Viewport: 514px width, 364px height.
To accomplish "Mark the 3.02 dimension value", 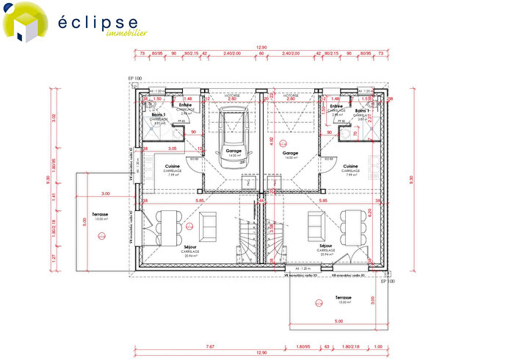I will [53, 116].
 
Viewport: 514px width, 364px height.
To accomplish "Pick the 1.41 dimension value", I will [53, 196].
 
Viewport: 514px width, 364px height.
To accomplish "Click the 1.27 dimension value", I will [53, 258].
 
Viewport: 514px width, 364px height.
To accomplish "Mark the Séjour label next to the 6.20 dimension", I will [327, 246].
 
